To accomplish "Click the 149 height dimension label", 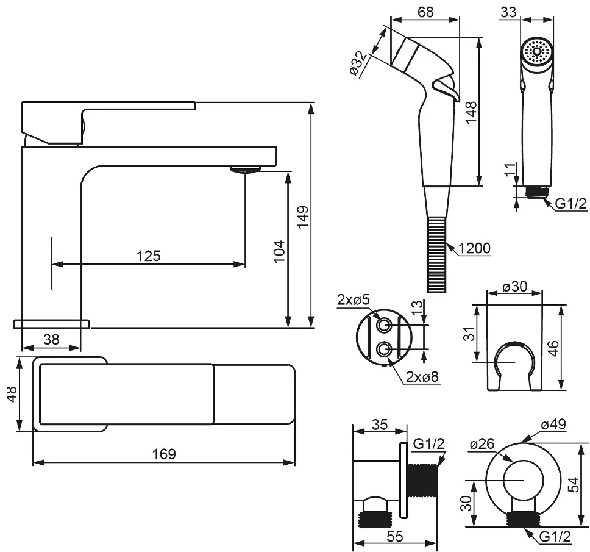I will point(303,217).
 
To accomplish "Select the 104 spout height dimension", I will point(278,250).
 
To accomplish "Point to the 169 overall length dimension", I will point(164,454).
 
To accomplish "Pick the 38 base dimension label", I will point(51,340).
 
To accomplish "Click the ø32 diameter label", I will point(360,63).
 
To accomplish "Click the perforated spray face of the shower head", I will point(537,51).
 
